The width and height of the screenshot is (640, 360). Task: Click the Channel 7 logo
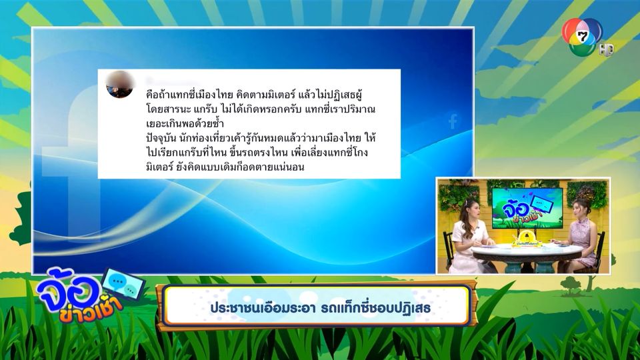(x=581, y=37)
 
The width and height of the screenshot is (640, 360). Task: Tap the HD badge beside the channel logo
(x=607, y=50)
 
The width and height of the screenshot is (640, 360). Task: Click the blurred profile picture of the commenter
(x=119, y=85)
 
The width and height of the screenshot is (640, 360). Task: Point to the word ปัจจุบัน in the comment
(x=161, y=139)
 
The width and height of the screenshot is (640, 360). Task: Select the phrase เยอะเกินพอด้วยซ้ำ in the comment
(x=185, y=123)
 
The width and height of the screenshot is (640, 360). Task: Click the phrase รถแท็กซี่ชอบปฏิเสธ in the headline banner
(x=375, y=307)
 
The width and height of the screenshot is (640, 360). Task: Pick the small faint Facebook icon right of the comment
(x=453, y=121)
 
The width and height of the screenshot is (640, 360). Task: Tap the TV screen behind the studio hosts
(x=527, y=208)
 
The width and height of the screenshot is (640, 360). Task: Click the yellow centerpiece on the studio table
(x=527, y=239)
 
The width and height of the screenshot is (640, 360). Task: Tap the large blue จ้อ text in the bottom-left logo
(x=69, y=289)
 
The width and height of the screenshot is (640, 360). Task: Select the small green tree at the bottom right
(x=570, y=285)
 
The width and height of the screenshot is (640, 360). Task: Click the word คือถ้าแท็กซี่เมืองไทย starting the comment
(x=189, y=95)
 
